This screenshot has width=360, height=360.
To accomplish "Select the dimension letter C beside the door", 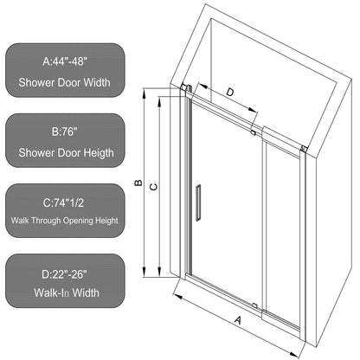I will (x=152, y=183).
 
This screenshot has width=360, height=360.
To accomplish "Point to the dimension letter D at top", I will (x=229, y=92).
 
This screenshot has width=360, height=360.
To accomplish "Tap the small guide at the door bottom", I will (x=254, y=305).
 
